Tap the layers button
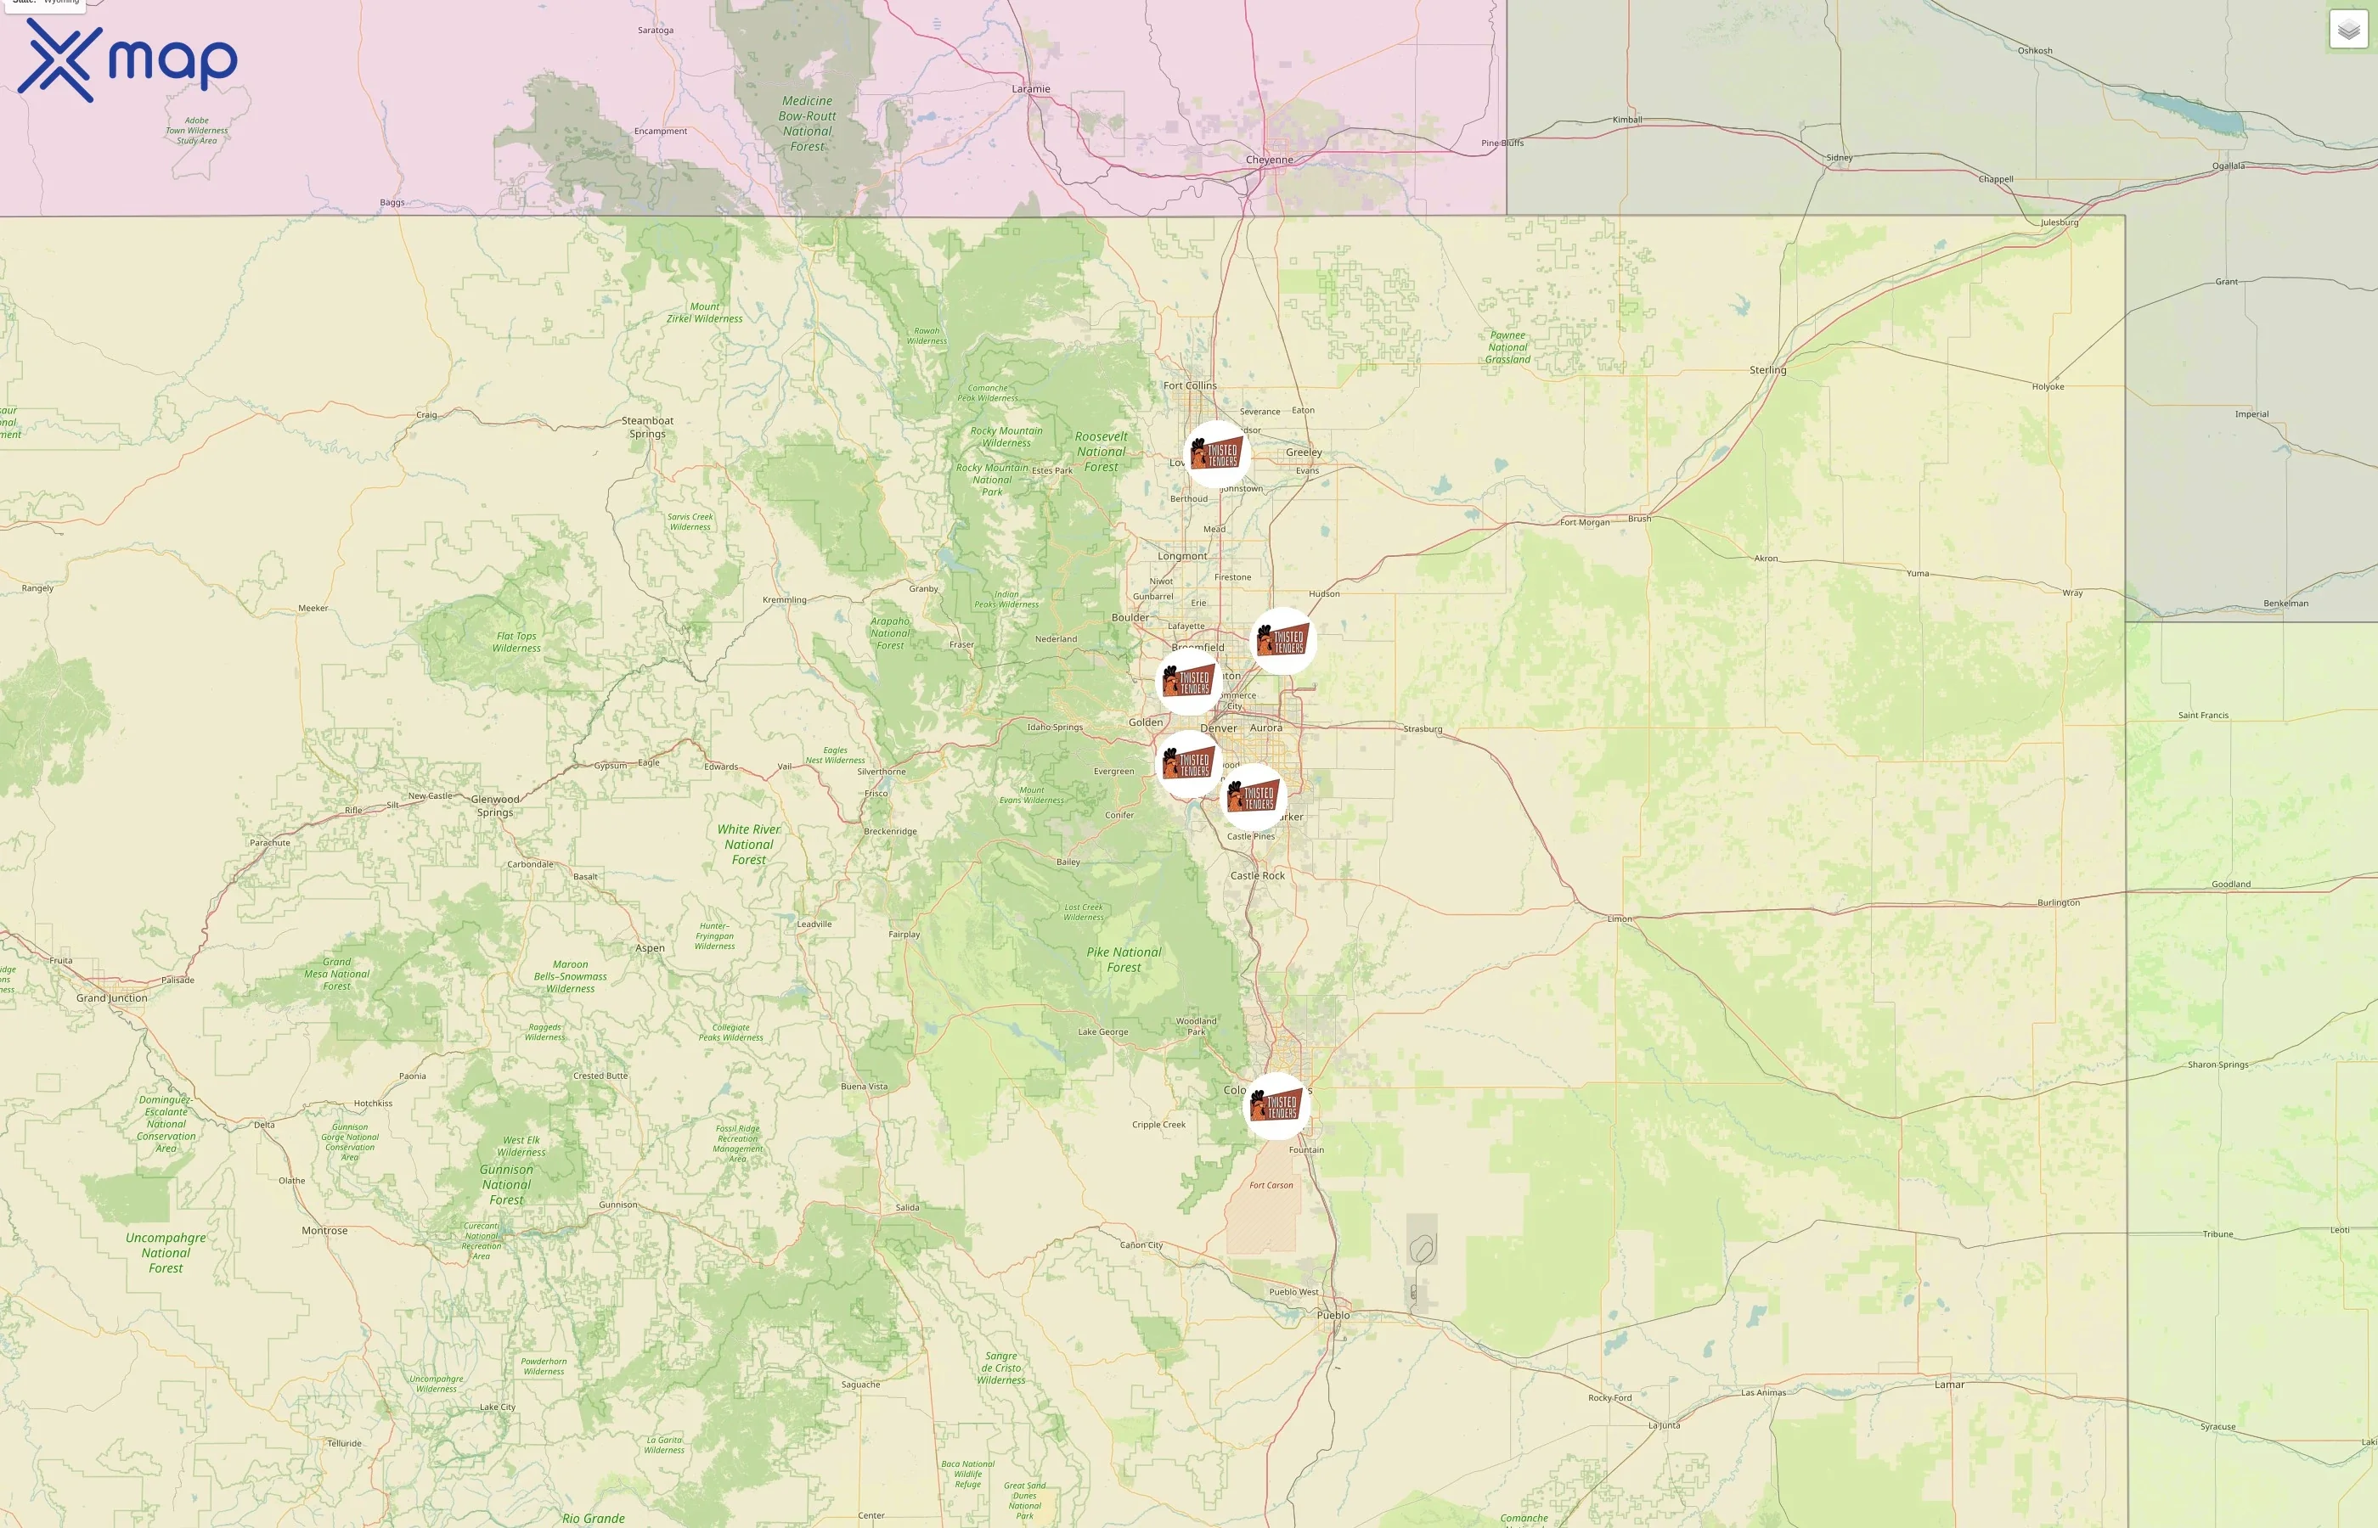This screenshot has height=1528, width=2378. pos(2347,30)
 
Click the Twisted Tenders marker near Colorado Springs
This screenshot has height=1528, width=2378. pos(1276,1105)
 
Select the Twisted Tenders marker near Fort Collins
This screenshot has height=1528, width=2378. pos(1217,454)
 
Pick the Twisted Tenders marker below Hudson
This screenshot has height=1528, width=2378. pos(1282,641)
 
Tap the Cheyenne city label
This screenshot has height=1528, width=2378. pos(1270,160)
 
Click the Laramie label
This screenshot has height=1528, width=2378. pos(1030,89)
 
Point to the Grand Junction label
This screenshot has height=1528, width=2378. pos(111,998)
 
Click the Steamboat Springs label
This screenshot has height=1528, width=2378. pos(647,427)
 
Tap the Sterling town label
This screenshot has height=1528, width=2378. pos(1767,370)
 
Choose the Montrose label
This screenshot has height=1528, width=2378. pos(324,1230)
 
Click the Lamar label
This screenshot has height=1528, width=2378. pos(1949,1385)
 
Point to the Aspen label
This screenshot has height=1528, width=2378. pos(650,947)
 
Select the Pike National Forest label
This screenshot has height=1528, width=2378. pos(1124,959)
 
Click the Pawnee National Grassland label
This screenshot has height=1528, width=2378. pos(1507,347)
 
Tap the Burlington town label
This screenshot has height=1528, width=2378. pos(2059,903)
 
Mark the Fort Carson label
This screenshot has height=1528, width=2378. pos(1271,1185)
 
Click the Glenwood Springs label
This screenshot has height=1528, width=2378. pos(495,805)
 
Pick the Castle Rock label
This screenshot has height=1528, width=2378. pos(1258,875)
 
